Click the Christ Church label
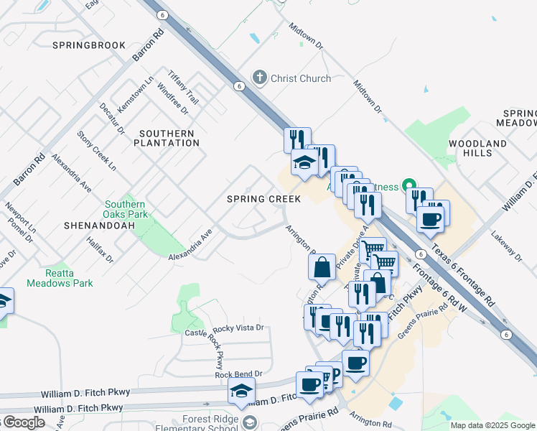tap(301, 78)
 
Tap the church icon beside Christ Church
tap(259, 78)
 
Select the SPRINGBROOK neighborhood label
tap(89, 45)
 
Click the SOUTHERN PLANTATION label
tap(167, 138)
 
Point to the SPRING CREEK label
tap(263, 198)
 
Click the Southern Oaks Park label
tap(126, 209)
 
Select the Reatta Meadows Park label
tap(60, 278)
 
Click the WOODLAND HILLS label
tap(477, 149)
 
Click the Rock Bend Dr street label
tap(238, 374)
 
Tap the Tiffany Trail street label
tap(182, 87)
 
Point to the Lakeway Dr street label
tap(505, 244)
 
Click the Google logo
tap(23, 422)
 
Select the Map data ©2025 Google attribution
tap(492, 425)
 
